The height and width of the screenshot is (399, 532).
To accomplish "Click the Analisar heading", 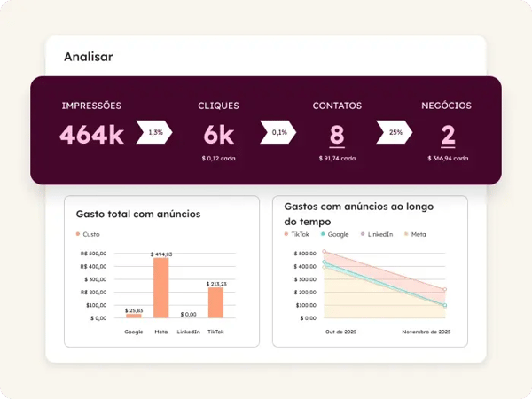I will (88, 57).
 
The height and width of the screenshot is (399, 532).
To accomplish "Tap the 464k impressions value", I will (91, 136).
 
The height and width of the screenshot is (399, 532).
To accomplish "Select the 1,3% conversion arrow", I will (155, 133).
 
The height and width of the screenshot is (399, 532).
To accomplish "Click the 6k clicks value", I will (218, 136).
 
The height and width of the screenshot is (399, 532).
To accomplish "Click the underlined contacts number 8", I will (337, 136).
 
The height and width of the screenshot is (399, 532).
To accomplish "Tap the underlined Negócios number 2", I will (448, 136).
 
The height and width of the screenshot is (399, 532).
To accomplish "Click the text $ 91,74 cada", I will (337, 159).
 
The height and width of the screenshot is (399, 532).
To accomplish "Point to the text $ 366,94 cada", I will (448, 159).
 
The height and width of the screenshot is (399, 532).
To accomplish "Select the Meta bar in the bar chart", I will (160, 288).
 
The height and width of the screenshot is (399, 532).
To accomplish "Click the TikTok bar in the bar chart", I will (215, 302).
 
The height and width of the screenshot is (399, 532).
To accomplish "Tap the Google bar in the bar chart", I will (134, 316).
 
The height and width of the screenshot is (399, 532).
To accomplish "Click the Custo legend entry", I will (89, 235).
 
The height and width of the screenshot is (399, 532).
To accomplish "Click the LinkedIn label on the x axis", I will (188, 332).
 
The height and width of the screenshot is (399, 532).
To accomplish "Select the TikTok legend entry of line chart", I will (297, 234).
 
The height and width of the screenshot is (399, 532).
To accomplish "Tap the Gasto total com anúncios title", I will (138, 214).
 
